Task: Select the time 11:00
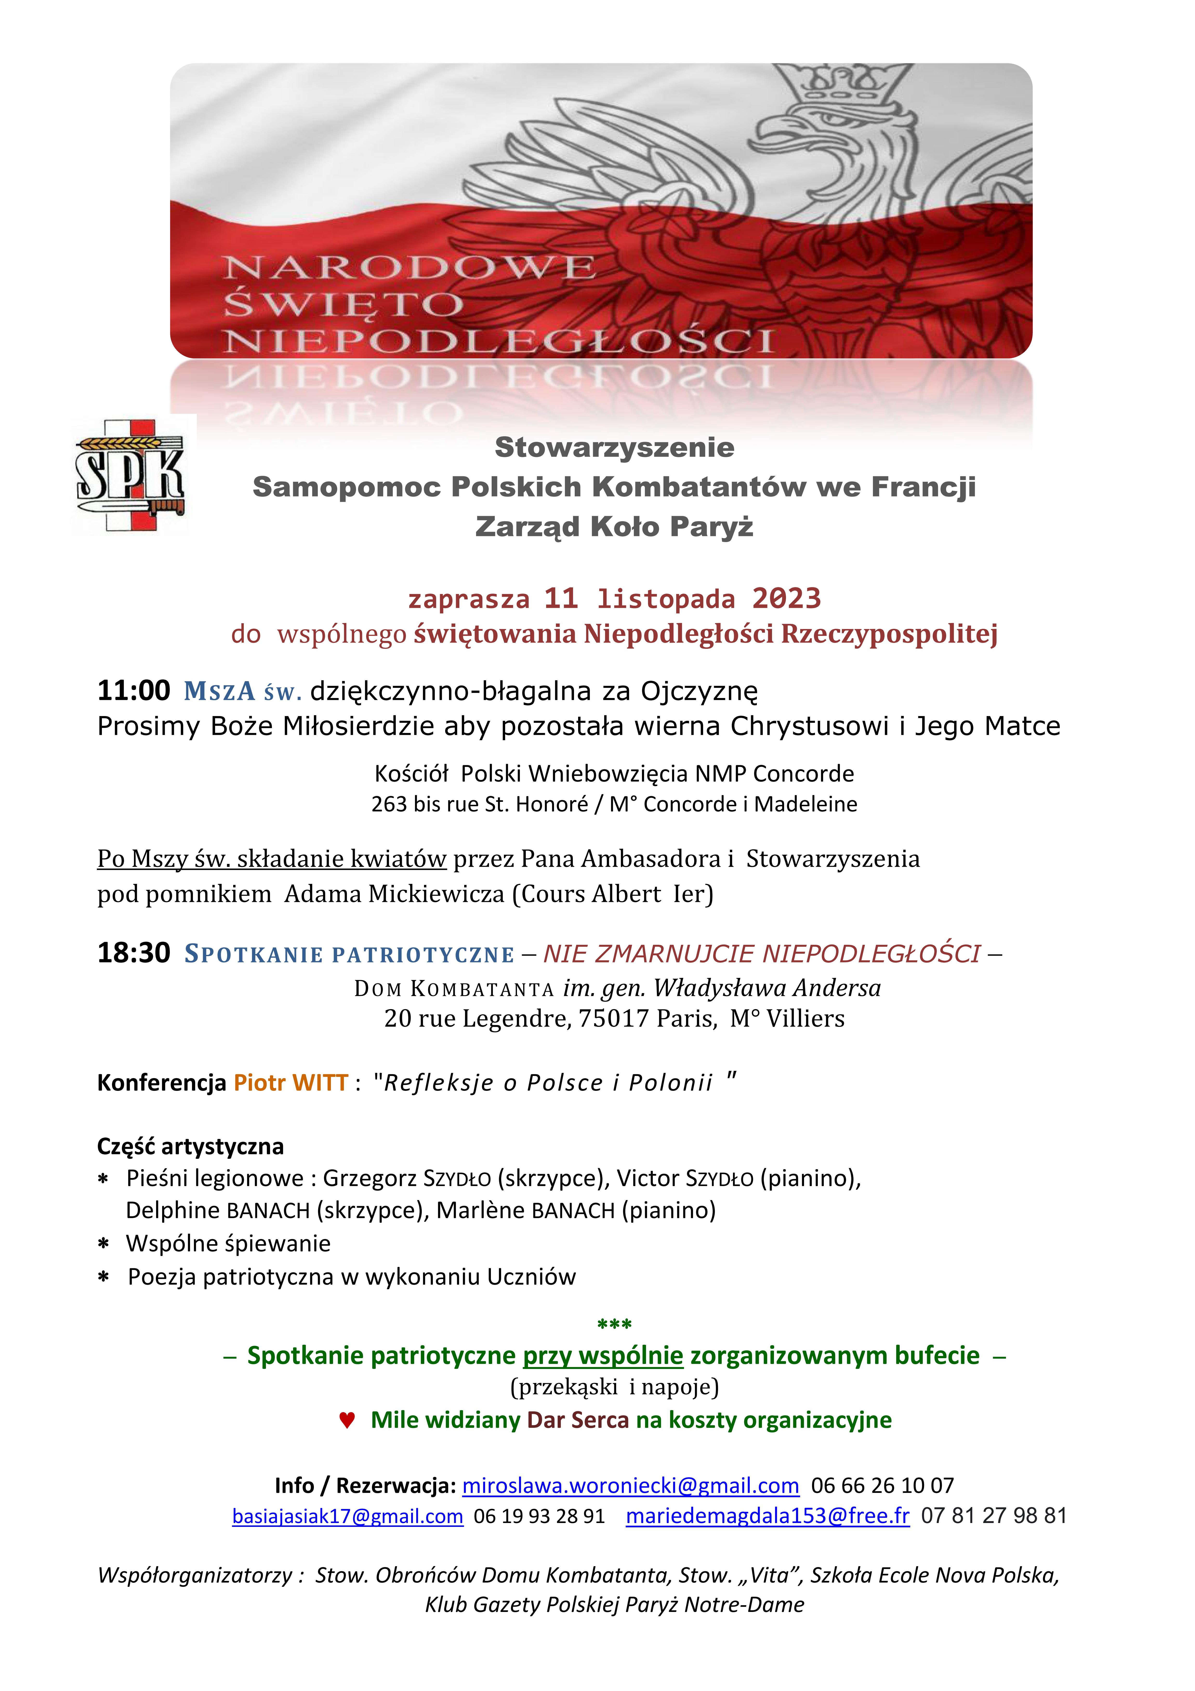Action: coord(133,691)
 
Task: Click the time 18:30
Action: coord(133,953)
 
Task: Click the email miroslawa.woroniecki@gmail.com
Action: coord(630,1486)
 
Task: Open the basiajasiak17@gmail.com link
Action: coord(348,1517)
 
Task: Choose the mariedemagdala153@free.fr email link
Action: coord(767,1517)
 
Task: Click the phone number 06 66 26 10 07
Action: coord(882,1486)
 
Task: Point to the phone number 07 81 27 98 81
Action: coord(993,1517)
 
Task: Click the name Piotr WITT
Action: coord(291,1083)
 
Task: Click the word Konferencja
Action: coord(161,1083)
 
